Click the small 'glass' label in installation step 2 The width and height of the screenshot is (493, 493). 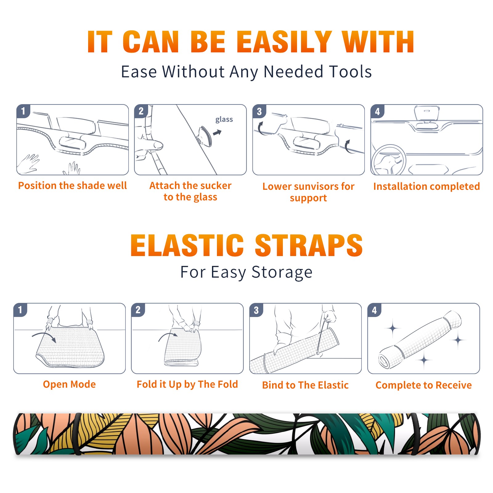pyautogui.click(x=224, y=120)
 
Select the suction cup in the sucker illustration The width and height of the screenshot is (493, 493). pyautogui.click(x=204, y=136)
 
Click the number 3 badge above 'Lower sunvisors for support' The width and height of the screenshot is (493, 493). pyautogui.click(x=259, y=111)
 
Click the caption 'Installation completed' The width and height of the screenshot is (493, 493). pyautogui.click(x=426, y=186)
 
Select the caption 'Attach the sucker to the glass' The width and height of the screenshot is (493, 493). pyautogui.click(x=190, y=191)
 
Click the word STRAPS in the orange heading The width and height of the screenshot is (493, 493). pyautogui.click(x=309, y=245)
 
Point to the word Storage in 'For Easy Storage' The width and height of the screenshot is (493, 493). pyautogui.click(x=282, y=272)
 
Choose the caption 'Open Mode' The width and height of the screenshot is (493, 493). pyautogui.click(x=69, y=384)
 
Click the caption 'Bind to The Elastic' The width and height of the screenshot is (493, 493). pyautogui.click(x=305, y=385)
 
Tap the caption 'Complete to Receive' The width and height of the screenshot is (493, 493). pyautogui.click(x=424, y=385)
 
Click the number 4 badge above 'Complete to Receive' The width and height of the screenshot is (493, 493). pyautogui.click(x=374, y=310)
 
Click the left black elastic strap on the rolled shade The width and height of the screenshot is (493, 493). pyautogui.click(x=77, y=434)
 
